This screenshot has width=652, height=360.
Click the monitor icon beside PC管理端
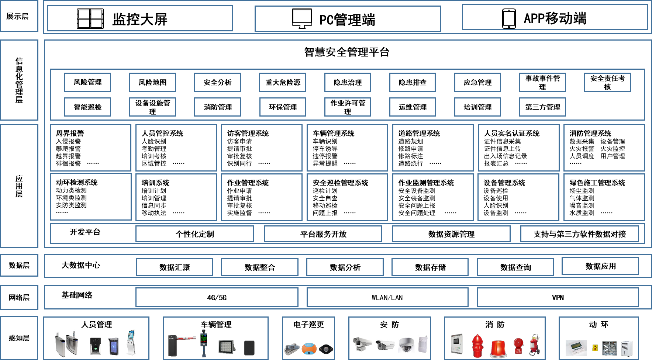pos(302,19)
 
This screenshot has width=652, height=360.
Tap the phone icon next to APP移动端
pos(509,19)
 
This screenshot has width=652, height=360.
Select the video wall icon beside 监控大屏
pos(90,19)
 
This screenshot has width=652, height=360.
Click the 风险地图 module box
pos(152,82)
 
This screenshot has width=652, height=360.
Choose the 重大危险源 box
pos(283,82)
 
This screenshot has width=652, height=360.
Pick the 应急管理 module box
pos(477,82)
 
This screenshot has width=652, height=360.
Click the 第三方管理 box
pos(542,107)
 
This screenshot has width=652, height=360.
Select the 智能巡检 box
pos(87,107)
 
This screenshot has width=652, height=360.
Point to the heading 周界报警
pos(70,133)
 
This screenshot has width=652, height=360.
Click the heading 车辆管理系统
pos(334,133)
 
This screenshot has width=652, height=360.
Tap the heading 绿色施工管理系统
pos(597,183)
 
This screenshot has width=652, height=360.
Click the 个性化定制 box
pos(195,234)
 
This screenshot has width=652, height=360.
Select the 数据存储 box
pos(430,267)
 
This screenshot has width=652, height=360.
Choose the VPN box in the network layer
pos(558,297)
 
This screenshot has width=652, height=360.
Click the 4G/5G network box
pos(217,297)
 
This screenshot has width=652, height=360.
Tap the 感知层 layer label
pos(19,338)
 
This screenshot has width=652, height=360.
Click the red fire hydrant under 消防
pos(478,346)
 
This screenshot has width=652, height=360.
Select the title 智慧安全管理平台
pos(347,52)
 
